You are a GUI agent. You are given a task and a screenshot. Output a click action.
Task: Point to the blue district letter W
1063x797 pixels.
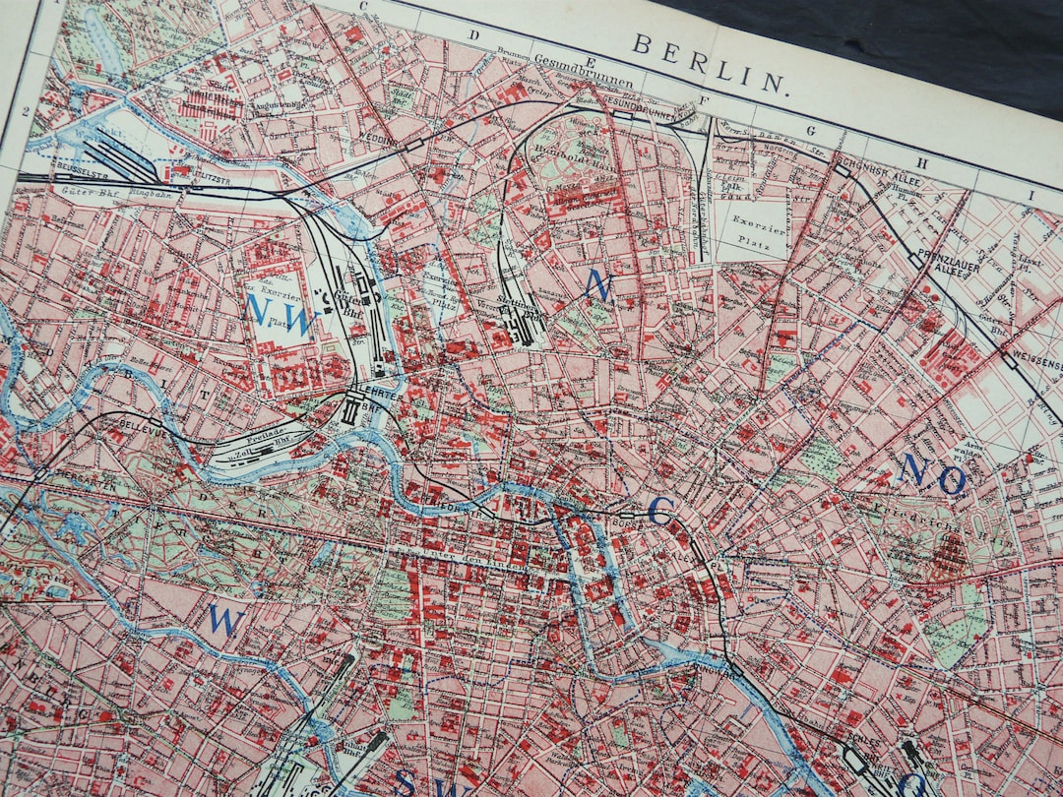click(x=225, y=620)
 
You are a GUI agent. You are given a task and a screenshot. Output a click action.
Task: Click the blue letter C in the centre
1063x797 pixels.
click(x=660, y=510)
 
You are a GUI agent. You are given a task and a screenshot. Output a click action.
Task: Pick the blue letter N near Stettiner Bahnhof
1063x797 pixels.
click(x=597, y=285)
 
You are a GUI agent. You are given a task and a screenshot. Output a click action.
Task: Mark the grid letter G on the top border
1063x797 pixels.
click(x=813, y=130)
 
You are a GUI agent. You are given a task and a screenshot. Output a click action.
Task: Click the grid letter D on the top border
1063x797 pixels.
click(x=473, y=36)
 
